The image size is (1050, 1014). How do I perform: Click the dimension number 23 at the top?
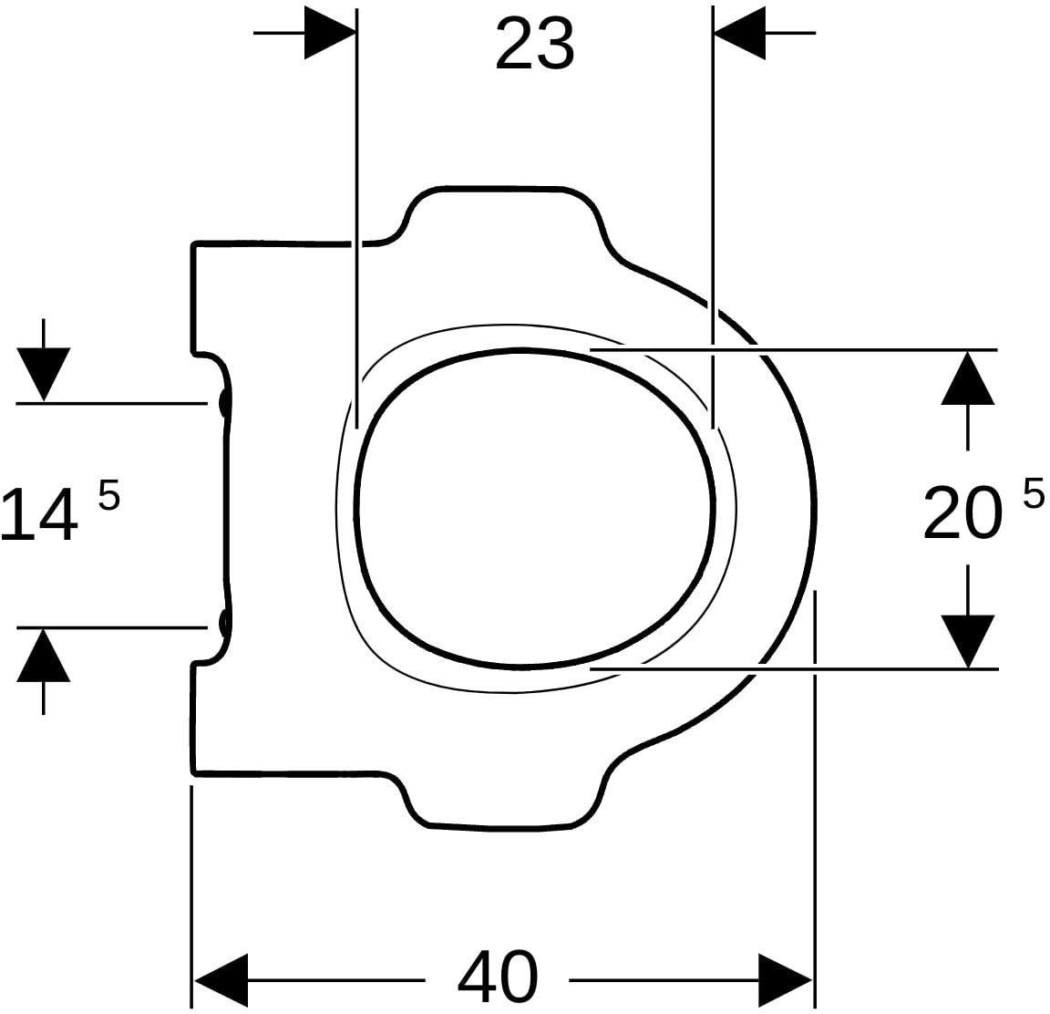click(535, 45)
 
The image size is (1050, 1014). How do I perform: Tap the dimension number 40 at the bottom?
click(498, 976)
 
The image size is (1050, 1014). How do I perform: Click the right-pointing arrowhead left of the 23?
click(329, 32)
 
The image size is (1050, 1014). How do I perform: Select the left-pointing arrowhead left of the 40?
click(221, 980)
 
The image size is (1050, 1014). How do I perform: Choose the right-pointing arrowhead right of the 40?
click(786, 980)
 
